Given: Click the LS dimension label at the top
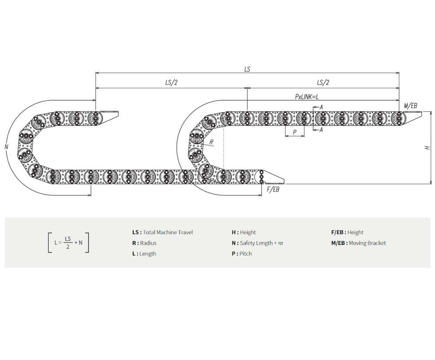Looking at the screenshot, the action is pos(247,69).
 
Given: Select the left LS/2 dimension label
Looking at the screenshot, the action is pos(171,82).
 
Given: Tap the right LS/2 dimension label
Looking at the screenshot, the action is pos(323,82).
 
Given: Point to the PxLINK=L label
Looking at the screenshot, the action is pos(307,97).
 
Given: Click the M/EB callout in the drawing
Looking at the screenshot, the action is pos(410,105).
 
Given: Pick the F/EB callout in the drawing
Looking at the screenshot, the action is pos(273,189).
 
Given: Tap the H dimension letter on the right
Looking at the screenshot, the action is pos(427,148).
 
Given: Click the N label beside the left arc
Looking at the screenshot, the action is pos(7,146).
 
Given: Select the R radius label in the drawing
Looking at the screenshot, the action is pos(211,142).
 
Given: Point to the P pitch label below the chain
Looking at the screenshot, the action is pos(294,132).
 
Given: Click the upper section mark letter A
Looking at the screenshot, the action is pos(321,107).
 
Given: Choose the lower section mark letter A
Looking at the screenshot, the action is pos(321,130).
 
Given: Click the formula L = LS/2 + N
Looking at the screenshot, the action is pos(69,242).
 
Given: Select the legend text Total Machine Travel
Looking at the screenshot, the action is pos(168,232).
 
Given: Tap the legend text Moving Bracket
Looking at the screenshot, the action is pos(367,243).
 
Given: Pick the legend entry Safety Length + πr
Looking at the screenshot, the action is pos(261,243).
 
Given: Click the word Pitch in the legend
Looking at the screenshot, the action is pos(246,254).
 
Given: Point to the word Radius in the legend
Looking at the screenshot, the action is pos(148,243).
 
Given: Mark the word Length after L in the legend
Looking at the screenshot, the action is pos(148,254).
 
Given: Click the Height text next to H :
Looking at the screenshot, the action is pos(248,232).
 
